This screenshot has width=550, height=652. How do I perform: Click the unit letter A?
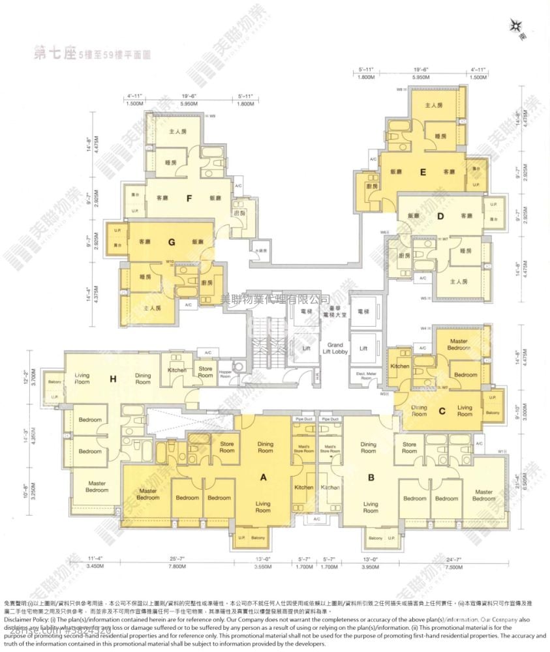pyautogui.click(x=264, y=477)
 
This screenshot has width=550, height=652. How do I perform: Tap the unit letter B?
pyautogui.click(x=371, y=477)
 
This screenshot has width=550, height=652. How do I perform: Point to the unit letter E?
pyautogui.click(x=423, y=173)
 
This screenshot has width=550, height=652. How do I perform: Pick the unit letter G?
pyautogui.click(x=172, y=243)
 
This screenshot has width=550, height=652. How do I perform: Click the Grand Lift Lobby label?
pyautogui.click(x=335, y=348)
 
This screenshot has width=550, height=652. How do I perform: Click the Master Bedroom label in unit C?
pyautogui.click(x=459, y=344)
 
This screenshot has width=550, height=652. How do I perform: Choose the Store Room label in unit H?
pyautogui.click(x=206, y=372)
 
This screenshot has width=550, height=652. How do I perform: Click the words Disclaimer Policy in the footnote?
pyautogui.click(x=24, y=619)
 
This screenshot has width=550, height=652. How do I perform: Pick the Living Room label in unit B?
pyautogui.click(x=371, y=507)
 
